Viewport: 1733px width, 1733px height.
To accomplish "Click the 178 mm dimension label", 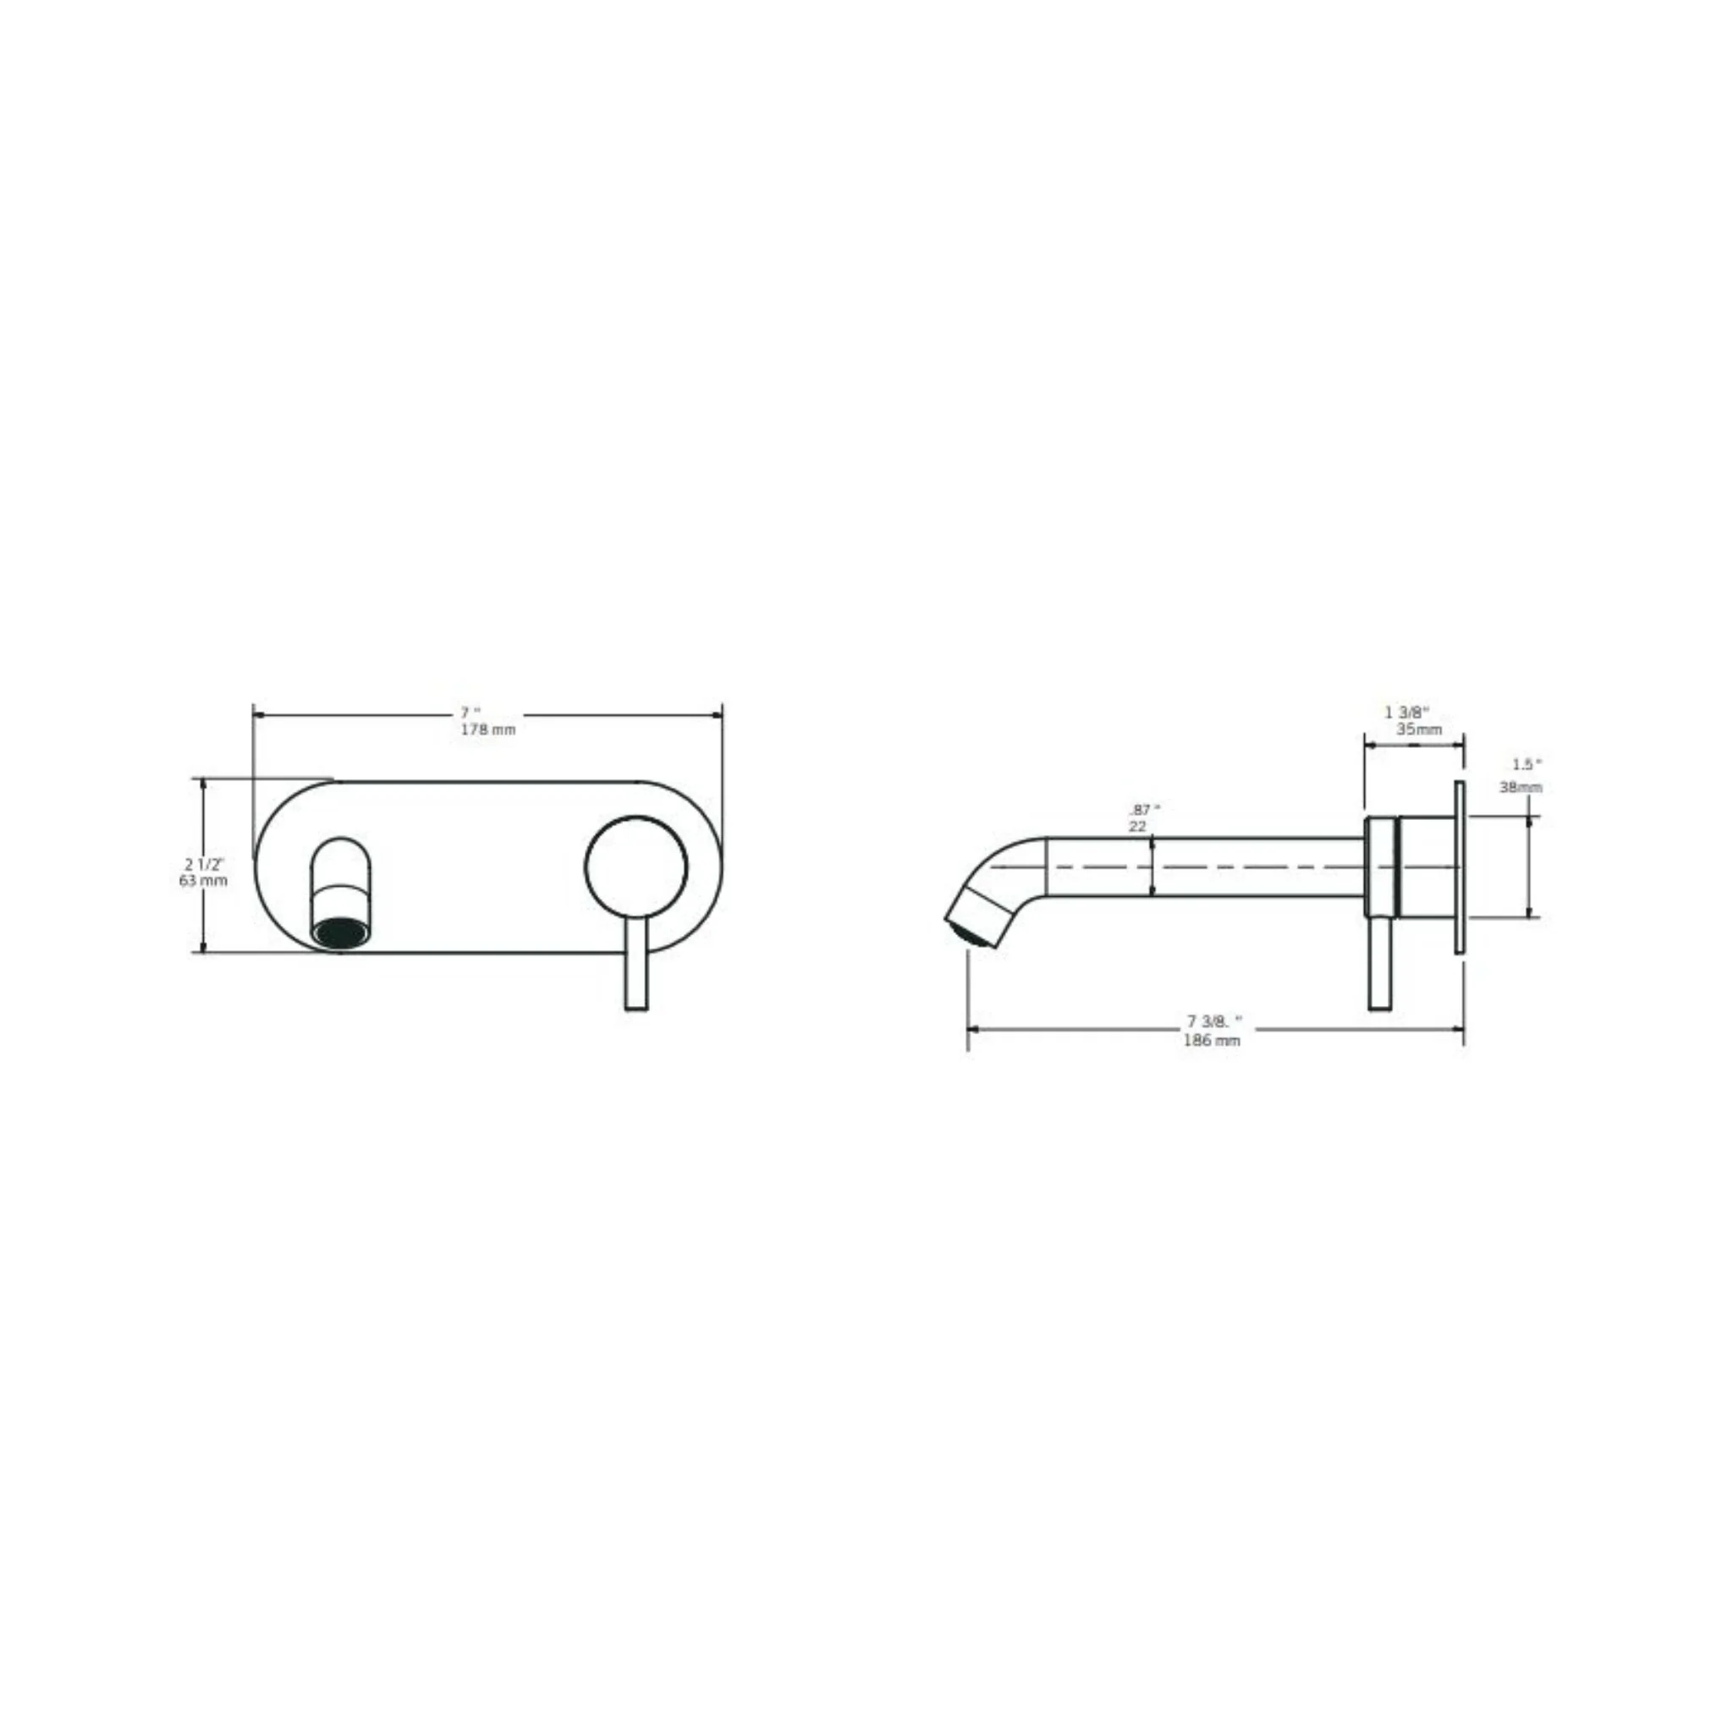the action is (488, 729).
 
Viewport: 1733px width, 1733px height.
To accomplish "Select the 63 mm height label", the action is (203, 881).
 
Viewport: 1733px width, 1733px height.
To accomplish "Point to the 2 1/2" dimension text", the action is (205, 865).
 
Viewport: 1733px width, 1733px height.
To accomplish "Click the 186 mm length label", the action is (1212, 1041).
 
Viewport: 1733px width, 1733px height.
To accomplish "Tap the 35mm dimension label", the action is (1419, 729).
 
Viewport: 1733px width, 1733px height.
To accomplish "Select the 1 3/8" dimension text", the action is (1406, 712).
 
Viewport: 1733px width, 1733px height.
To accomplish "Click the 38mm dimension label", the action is (1521, 788).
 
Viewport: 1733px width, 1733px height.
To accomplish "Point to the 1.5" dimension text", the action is (1527, 764).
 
